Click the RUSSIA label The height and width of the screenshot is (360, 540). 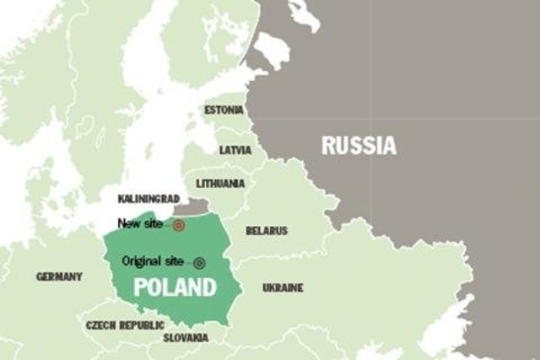click(x=359, y=146)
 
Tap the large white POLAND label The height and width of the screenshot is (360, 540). click(x=175, y=287)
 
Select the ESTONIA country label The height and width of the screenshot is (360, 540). click(x=224, y=110)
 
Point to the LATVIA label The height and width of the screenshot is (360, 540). click(x=235, y=150)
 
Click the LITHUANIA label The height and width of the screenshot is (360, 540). click(x=220, y=183)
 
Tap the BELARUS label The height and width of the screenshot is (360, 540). click(x=266, y=230)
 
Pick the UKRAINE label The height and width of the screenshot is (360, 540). click(x=283, y=287)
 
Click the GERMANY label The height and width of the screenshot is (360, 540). click(x=59, y=277)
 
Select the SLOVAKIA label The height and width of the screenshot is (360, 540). click(x=186, y=337)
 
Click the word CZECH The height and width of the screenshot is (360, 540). click(x=100, y=325)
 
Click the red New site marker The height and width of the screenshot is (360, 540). click(x=178, y=225)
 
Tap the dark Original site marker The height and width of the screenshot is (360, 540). click(x=199, y=262)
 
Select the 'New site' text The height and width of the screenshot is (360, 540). click(x=139, y=223)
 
